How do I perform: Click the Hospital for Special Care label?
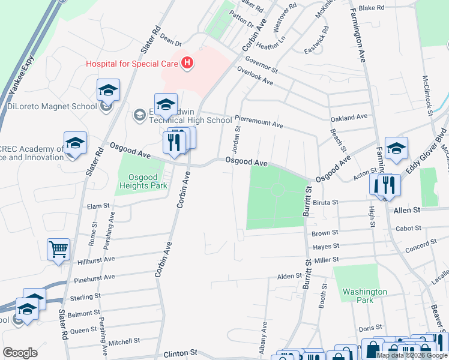click(x=132, y=62)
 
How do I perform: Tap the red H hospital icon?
click(x=187, y=62)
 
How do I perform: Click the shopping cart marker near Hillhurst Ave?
click(x=58, y=249)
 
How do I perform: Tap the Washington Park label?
click(x=364, y=296)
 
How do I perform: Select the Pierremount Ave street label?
click(x=259, y=124)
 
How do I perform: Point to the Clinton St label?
click(x=181, y=354)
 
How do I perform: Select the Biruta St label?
click(x=326, y=203)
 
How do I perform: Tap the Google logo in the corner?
click(x=20, y=353)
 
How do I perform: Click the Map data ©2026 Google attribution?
click(x=412, y=355)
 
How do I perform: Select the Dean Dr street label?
click(x=170, y=39)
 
